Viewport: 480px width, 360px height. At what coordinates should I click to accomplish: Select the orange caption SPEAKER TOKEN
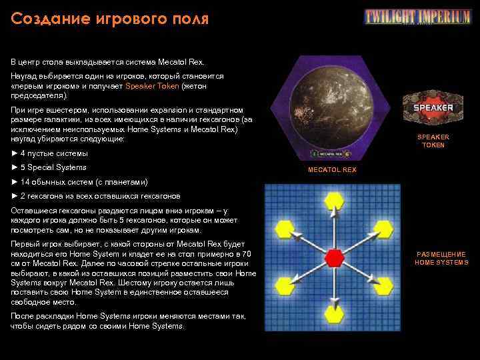[x=433, y=141]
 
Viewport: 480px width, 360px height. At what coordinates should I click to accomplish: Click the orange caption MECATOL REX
[x=332, y=170]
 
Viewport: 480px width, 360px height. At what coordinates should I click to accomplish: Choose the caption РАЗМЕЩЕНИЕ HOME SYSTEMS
[x=441, y=259]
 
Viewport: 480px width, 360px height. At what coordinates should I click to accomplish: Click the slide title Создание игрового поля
[x=110, y=18]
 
